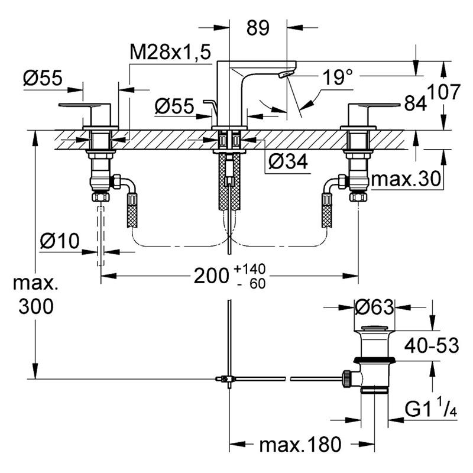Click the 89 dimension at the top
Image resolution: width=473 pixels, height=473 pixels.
tap(258, 28)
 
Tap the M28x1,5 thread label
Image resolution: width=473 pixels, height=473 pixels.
tap(170, 52)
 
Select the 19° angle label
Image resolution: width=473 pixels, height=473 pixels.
tap(338, 77)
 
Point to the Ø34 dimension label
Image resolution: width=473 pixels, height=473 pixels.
tap(288, 161)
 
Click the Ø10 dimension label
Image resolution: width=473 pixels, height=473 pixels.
tap(60, 241)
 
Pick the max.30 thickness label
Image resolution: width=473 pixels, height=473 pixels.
tap(406, 179)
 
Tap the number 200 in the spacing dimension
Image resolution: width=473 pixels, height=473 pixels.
tap(211, 276)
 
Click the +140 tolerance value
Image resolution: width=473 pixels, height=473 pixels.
tap(250, 268)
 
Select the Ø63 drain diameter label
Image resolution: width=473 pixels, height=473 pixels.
tap(374, 307)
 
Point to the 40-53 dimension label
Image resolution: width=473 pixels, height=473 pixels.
tap(432, 345)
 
